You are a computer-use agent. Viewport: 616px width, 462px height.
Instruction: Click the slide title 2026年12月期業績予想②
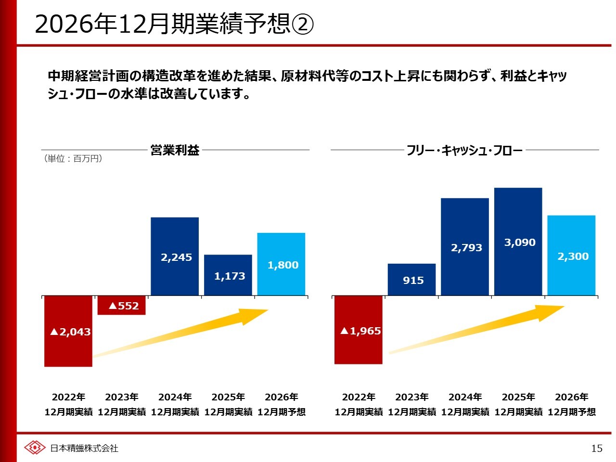(174, 24)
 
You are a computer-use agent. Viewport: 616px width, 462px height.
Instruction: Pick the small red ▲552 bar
(121, 305)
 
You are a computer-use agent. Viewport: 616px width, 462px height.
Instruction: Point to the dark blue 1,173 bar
(228, 276)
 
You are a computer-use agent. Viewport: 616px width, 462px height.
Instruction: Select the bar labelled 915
(411, 280)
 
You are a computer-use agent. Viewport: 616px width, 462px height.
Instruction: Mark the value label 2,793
(466, 248)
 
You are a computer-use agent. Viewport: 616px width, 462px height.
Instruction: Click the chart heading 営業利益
(175, 150)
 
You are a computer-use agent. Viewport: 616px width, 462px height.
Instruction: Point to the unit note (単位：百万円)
(73, 158)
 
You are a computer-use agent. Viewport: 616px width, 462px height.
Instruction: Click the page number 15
(596, 449)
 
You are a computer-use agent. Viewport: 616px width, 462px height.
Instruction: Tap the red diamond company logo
(35, 448)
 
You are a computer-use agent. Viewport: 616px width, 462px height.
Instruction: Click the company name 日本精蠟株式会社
(84, 448)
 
